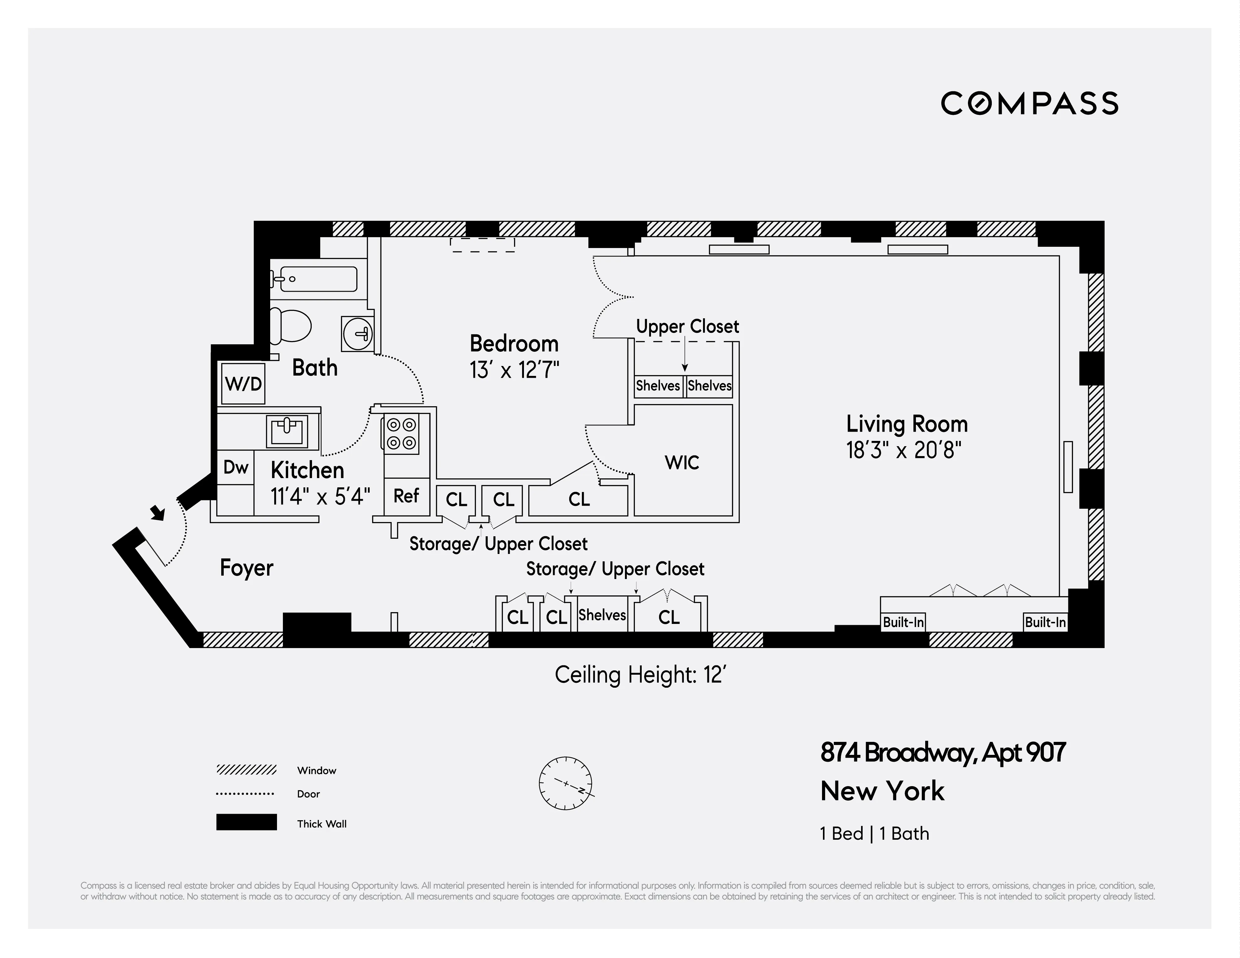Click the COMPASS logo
coord(1029,104)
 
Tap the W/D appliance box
coord(243,384)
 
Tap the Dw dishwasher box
coord(235,467)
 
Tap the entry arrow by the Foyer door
coord(157,512)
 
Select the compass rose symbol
coord(565,783)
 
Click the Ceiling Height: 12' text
coord(640,675)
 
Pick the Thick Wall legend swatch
coord(246,822)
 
